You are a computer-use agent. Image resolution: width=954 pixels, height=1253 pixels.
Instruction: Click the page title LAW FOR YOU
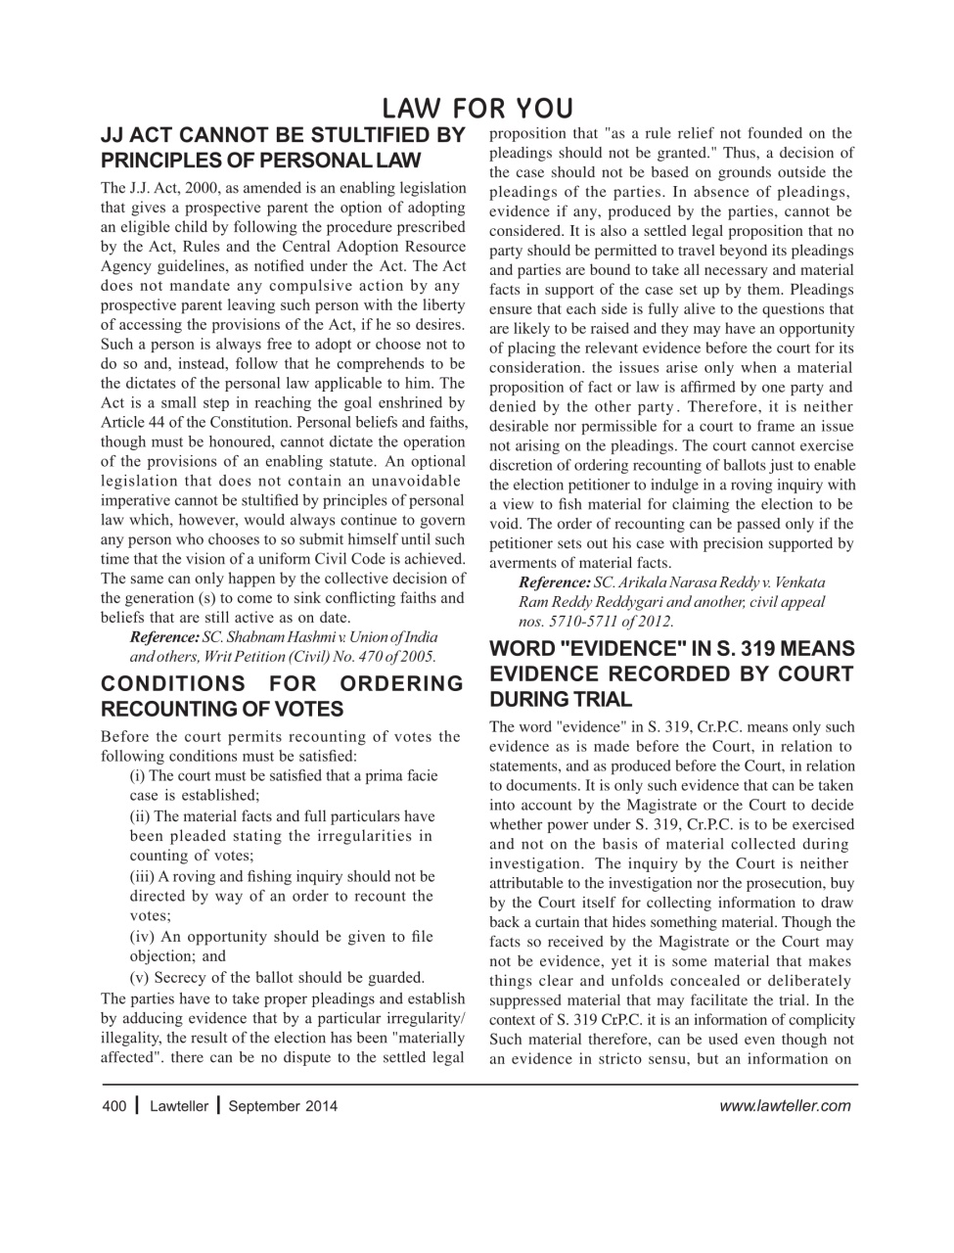tap(477, 108)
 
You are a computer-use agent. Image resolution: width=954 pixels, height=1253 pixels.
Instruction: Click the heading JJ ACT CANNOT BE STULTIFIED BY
tap(283, 135)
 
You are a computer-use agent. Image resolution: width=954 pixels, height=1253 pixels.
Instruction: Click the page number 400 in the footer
tap(114, 1106)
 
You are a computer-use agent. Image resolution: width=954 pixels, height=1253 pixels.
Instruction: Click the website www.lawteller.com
tap(784, 1106)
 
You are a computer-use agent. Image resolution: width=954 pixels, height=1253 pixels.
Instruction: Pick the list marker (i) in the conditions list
tap(139, 776)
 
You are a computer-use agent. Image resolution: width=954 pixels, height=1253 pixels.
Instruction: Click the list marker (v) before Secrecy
tap(141, 977)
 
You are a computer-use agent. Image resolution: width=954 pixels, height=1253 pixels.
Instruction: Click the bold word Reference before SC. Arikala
tap(554, 581)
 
